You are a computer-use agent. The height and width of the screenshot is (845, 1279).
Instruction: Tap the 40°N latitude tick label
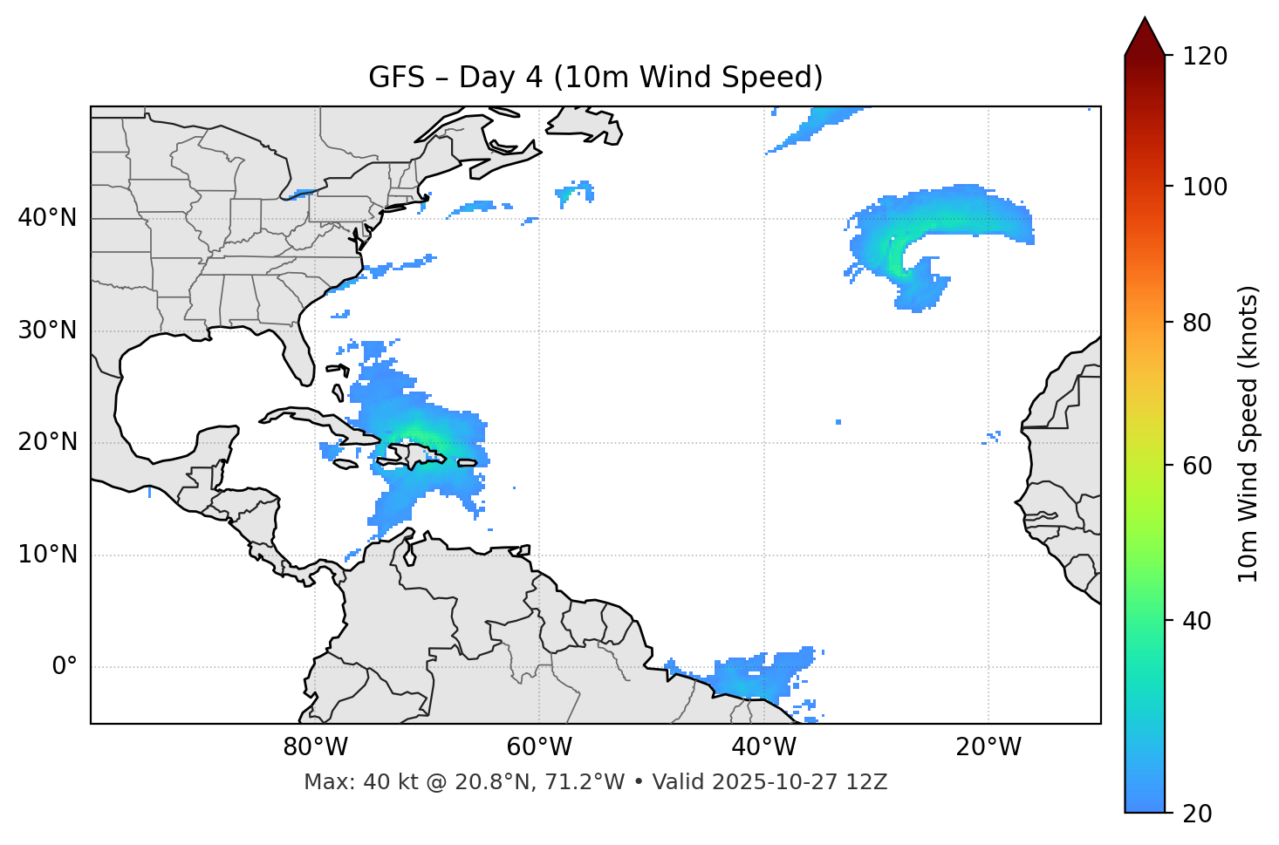click(x=47, y=218)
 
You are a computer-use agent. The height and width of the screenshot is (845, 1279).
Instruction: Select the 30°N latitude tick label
click(x=47, y=331)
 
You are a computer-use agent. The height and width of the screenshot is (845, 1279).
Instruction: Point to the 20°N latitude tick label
click(x=47, y=442)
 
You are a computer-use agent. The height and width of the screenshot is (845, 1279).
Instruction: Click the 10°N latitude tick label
click(x=47, y=555)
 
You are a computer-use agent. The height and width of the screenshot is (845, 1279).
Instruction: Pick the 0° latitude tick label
click(x=65, y=667)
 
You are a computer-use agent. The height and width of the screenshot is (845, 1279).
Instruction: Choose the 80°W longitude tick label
click(x=315, y=747)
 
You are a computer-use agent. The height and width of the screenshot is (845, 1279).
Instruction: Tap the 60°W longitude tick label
click(x=539, y=747)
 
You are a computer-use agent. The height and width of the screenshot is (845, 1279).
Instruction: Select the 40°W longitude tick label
click(x=763, y=747)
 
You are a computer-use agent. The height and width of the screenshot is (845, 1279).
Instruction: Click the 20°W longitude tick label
click(x=988, y=747)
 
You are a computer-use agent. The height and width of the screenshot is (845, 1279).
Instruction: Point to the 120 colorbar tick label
click(x=1204, y=57)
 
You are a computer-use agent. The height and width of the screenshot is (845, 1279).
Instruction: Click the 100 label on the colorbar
click(x=1204, y=187)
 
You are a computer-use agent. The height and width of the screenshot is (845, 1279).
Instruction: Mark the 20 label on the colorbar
click(x=1197, y=814)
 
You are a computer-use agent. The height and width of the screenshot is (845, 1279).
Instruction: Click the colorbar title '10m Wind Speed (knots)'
click(x=1248, y=433)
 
